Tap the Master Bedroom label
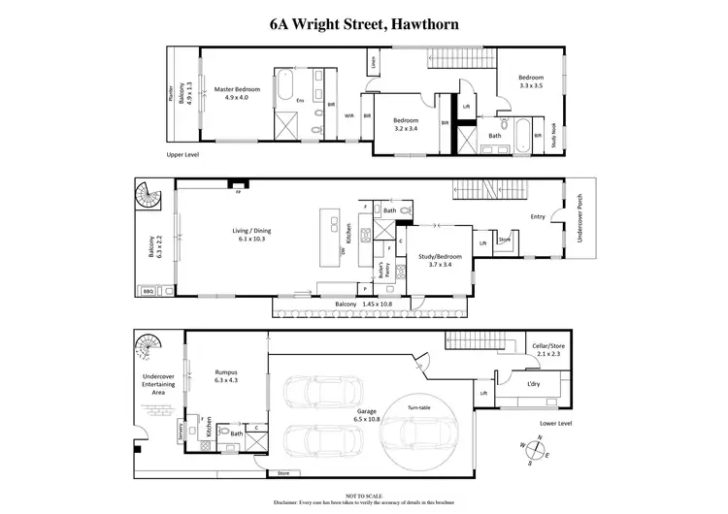click(236, 92)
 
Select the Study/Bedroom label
click(440, 259)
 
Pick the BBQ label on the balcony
click(149, 290)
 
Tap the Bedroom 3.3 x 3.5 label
click(530, 82)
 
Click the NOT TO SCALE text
click(363, 496)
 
